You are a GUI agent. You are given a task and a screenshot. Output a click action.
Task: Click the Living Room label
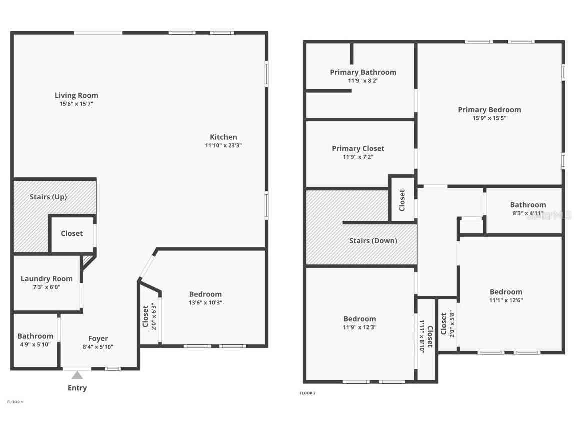pos(76,95)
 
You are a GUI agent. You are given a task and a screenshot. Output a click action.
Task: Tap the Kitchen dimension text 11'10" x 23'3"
pos(223,146)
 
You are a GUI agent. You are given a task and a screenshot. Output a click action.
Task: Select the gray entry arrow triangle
pos(77,375)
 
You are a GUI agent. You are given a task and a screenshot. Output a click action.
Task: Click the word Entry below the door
pos(77,388)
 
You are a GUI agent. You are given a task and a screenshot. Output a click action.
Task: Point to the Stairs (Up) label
pos(48,197)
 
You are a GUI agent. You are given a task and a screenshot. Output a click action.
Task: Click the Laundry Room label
pos(46,279)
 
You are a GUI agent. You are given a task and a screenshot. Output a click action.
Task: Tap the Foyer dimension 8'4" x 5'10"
pos(98,347)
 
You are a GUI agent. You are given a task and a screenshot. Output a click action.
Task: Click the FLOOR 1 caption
pos(15,402)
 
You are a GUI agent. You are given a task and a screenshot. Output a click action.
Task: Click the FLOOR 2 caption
pos(307,393)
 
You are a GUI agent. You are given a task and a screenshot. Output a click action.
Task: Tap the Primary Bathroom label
pos(363,72)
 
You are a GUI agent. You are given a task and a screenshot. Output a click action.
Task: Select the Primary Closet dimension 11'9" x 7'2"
pos(358,157)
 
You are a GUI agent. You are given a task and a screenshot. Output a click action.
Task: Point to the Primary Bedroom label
pos(489,110)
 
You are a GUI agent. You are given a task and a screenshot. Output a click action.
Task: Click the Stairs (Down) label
pos(373,241)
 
